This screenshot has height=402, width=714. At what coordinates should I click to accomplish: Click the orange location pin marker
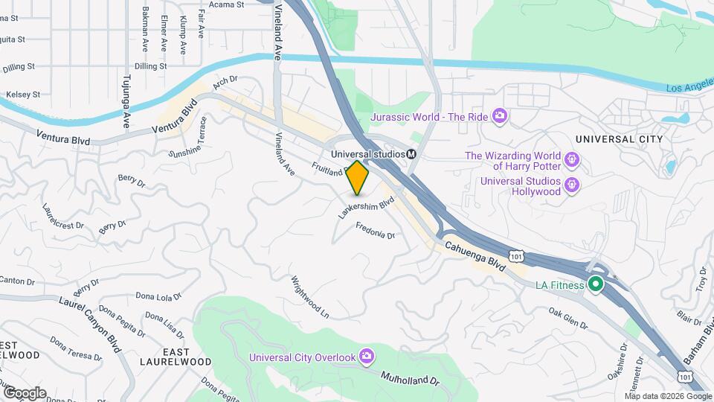[358, 177]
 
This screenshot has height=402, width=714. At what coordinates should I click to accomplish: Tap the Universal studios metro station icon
[411, 153]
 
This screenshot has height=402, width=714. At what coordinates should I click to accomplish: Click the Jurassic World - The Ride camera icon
[500, 115]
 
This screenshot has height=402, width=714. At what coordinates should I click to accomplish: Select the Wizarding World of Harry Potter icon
[571, 159]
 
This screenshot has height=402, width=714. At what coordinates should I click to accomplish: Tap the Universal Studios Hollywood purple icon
[571, 184]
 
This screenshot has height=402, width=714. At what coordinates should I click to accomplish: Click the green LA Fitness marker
[596, 284]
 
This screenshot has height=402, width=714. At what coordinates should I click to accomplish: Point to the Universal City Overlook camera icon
[366, 357]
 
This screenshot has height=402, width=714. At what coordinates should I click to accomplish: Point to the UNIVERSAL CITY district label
[619, 139]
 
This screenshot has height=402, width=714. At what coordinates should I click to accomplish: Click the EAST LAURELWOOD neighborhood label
[164, 356]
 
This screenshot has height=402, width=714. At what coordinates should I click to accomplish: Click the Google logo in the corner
[25, 392]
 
